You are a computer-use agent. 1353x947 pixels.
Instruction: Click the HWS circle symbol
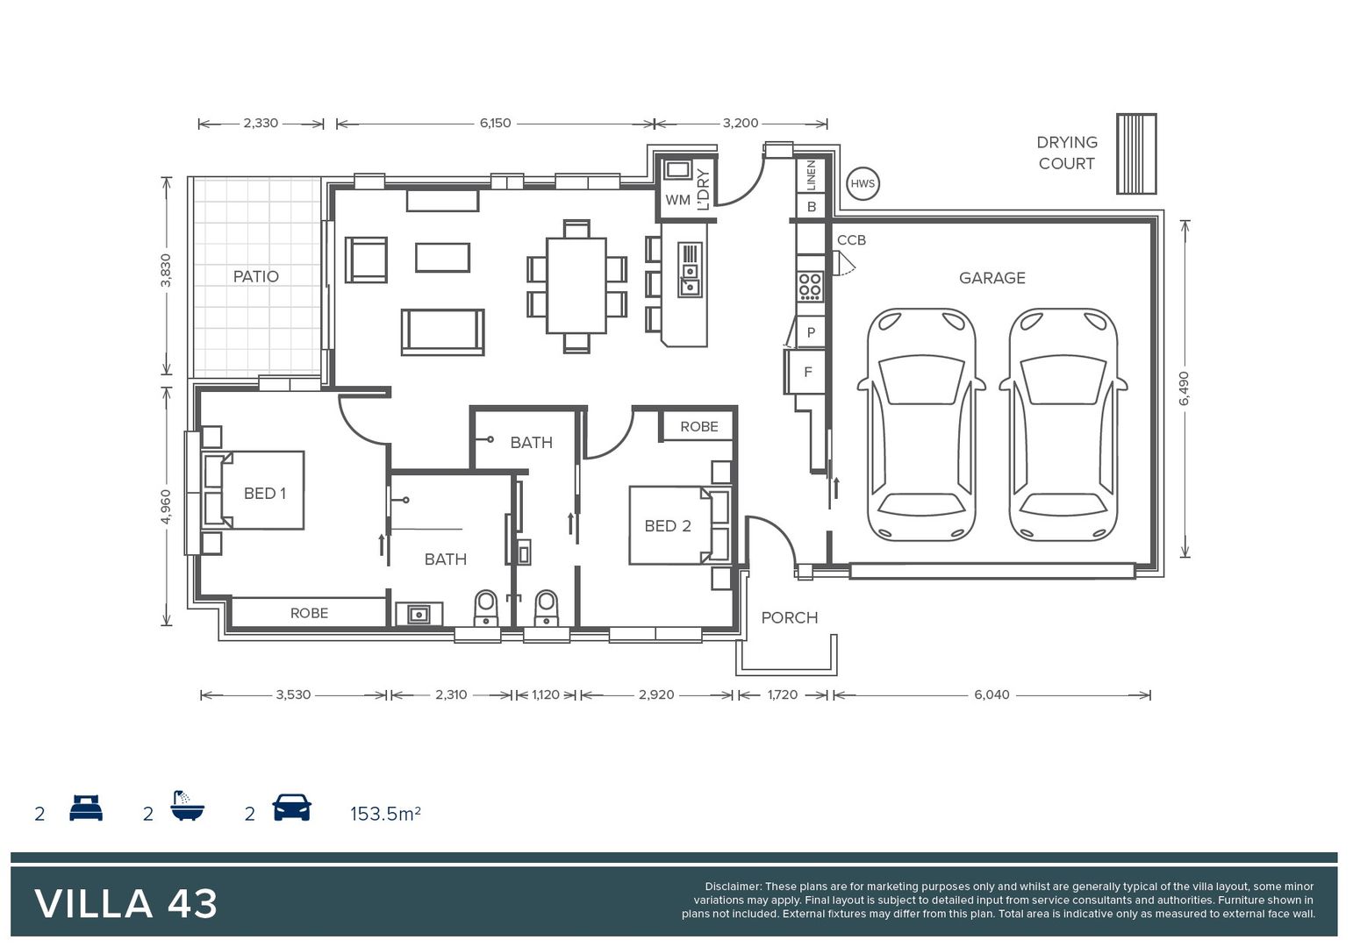863,184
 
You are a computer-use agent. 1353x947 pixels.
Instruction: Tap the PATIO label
255,276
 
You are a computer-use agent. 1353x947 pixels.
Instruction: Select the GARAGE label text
991,278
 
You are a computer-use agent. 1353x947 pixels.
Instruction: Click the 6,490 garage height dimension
1185,388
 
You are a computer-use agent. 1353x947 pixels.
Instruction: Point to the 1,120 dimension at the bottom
545,694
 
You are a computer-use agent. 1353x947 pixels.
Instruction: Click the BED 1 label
264,494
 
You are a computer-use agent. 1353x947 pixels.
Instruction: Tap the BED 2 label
667,526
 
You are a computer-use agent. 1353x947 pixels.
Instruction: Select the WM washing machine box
676,200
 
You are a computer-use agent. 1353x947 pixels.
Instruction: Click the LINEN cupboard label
811,175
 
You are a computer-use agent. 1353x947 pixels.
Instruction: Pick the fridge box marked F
807,372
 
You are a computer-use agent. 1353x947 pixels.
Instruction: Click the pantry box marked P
810,332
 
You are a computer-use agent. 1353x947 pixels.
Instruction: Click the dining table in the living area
576,286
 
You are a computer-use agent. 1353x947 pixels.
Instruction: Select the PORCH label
789,617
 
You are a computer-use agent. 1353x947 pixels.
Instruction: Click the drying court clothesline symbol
1136,153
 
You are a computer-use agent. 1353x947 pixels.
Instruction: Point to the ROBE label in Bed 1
309,613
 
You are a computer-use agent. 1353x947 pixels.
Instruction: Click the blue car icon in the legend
291,808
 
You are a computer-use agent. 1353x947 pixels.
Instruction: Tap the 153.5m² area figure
385,814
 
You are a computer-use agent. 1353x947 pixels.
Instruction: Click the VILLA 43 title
126,904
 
